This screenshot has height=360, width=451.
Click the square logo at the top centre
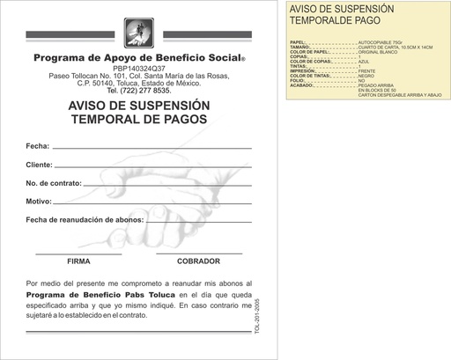140,33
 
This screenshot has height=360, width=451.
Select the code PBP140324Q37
138,69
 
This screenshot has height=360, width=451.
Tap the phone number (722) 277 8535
138,91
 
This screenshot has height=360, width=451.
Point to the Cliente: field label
41,165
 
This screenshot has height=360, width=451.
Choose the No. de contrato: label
54,183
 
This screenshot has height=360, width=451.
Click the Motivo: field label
40,202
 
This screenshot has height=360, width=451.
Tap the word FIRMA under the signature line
78,261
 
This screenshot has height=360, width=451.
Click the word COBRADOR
198,261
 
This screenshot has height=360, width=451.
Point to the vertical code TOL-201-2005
256,314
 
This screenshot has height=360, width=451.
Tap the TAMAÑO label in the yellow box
300,48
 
